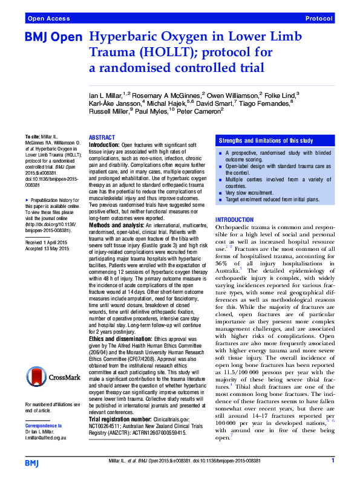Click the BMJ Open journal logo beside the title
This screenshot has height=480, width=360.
coord(53,37)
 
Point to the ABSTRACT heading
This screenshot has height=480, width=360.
coord(102,138)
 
